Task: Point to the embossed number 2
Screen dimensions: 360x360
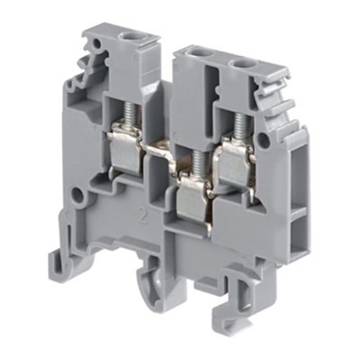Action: tap(142, 214)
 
